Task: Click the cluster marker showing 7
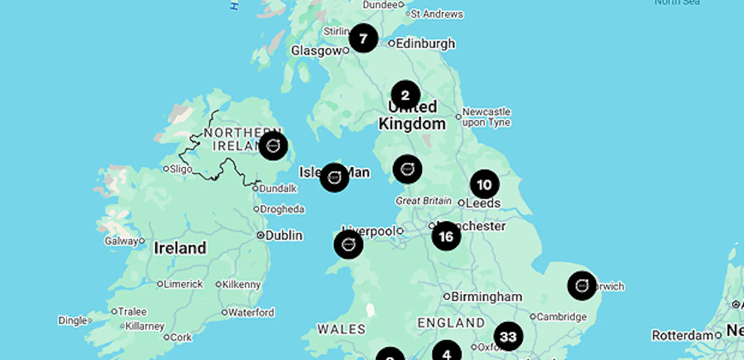point(363,38)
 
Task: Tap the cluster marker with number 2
point(405,95)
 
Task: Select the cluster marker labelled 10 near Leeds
point(484,184)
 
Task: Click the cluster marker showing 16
point(446,236)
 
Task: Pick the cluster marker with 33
point(508,336)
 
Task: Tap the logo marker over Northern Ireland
point(273,146)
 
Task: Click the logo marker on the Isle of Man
point(334,177)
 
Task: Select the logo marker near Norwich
point(582,286)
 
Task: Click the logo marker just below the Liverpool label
point(348,245)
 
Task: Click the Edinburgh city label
point(425,43)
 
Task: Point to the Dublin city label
point(283,235)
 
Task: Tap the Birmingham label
point(486,297)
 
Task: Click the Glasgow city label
point(316,50)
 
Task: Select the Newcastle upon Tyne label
point(486,117)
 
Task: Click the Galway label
point(122,241)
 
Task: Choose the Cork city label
point(181,338)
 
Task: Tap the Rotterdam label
point(682,335)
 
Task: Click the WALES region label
point(341,329)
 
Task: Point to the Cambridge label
point(561,317)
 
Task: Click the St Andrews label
point(437,14)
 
